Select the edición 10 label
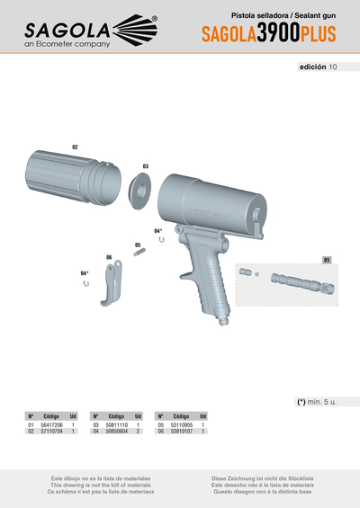click(x=319, y=67)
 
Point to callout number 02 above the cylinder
click(x=75, y=146)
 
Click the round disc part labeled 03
click(x=139, y=191)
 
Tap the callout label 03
click(x=145, y=165)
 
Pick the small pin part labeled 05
click(x=140, y=253)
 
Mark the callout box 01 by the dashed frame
click(x=328, y=259)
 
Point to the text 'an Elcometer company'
click(x=67, y=43)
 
